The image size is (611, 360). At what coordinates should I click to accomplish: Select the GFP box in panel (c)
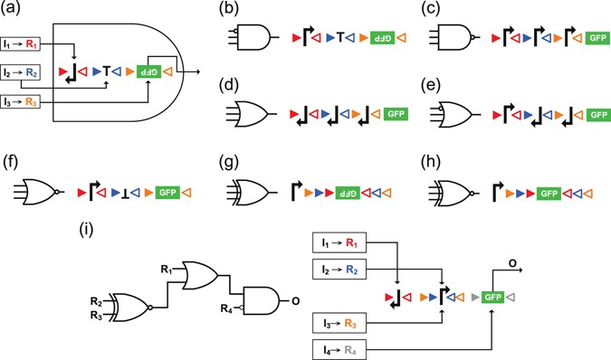597,39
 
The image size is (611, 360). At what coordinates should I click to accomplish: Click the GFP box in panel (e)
597,115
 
